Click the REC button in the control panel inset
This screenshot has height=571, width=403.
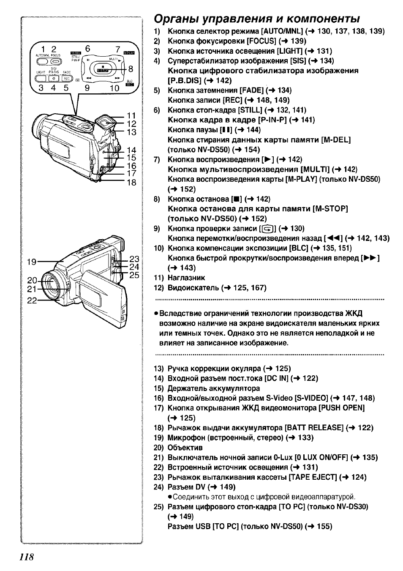pos(67,79)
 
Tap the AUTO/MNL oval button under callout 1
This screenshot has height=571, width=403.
pos(42,61)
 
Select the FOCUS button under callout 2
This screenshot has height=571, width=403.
pos(56,61)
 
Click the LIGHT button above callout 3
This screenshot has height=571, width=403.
pos(41,79)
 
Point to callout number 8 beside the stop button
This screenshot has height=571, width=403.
pos(131,69)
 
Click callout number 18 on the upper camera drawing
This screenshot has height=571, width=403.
pos(131,182)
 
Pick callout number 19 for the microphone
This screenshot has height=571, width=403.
pos(32,262)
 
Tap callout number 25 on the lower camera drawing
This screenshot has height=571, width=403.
pos(134,275)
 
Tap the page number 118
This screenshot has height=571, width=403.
pos(27,557)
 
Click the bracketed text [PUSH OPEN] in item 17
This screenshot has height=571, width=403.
pos(342,408)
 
